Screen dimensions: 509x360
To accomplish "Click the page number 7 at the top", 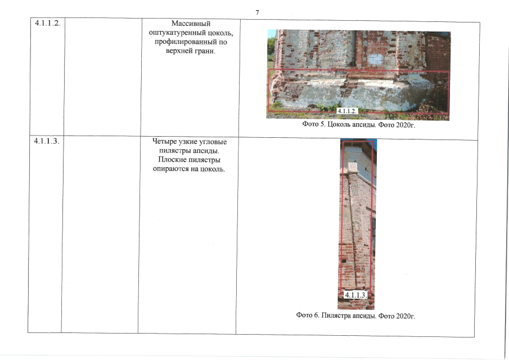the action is pyautogui.click(x=257, y=12).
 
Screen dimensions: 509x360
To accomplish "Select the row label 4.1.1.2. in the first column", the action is pyautogui.click(x=48, y=23).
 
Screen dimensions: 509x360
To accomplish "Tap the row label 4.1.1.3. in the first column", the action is pyautogui.click(x=47, y=141).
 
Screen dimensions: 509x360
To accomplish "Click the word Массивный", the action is pyautogui.click(x=191, y=24).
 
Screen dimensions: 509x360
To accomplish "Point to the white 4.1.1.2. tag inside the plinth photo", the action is pyautogui.click(x=347, y=111).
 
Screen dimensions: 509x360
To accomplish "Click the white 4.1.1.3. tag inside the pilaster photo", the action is pyautogui.click(x=355, y=295).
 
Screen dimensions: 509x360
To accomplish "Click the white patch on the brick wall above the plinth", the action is pyautogui.click(x=375, y=59).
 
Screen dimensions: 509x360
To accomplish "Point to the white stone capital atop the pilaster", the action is pyautogui.click(x=353, y=168).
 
